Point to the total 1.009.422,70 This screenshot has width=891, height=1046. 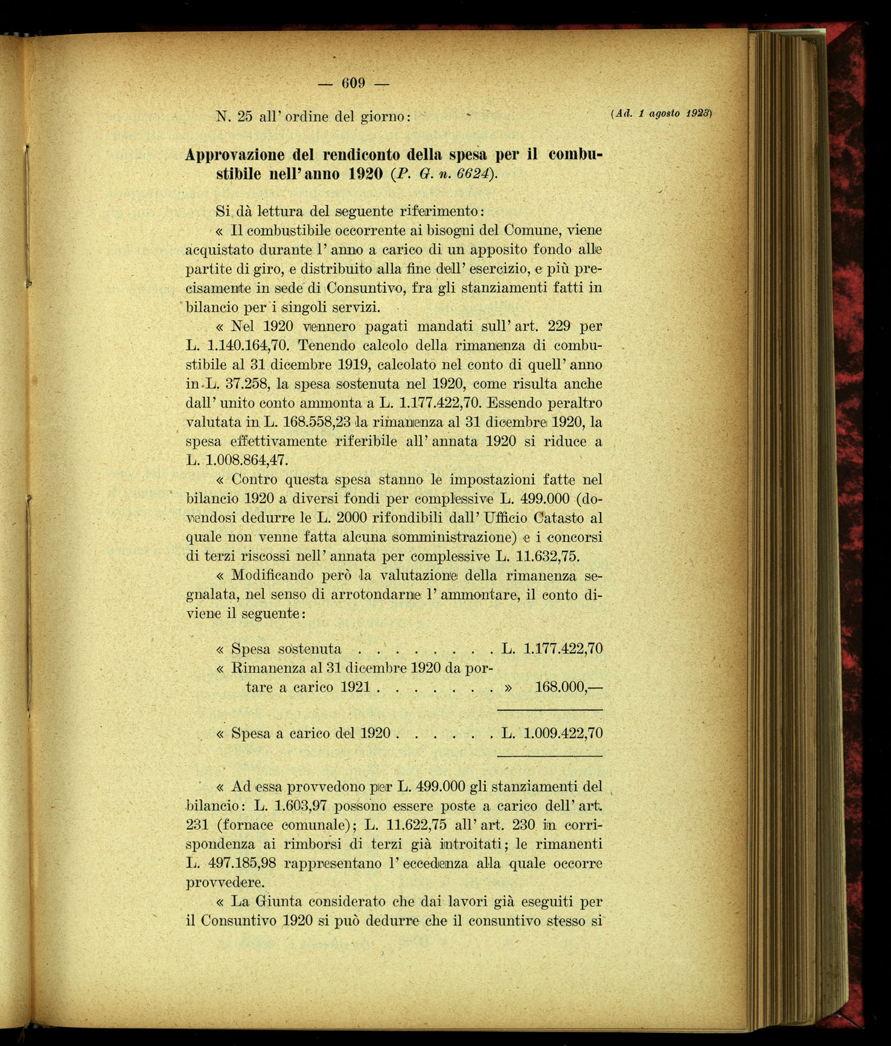point(563,734)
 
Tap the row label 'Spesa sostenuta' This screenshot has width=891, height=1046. point(287,649)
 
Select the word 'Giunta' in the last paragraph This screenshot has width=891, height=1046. point(278,902)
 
